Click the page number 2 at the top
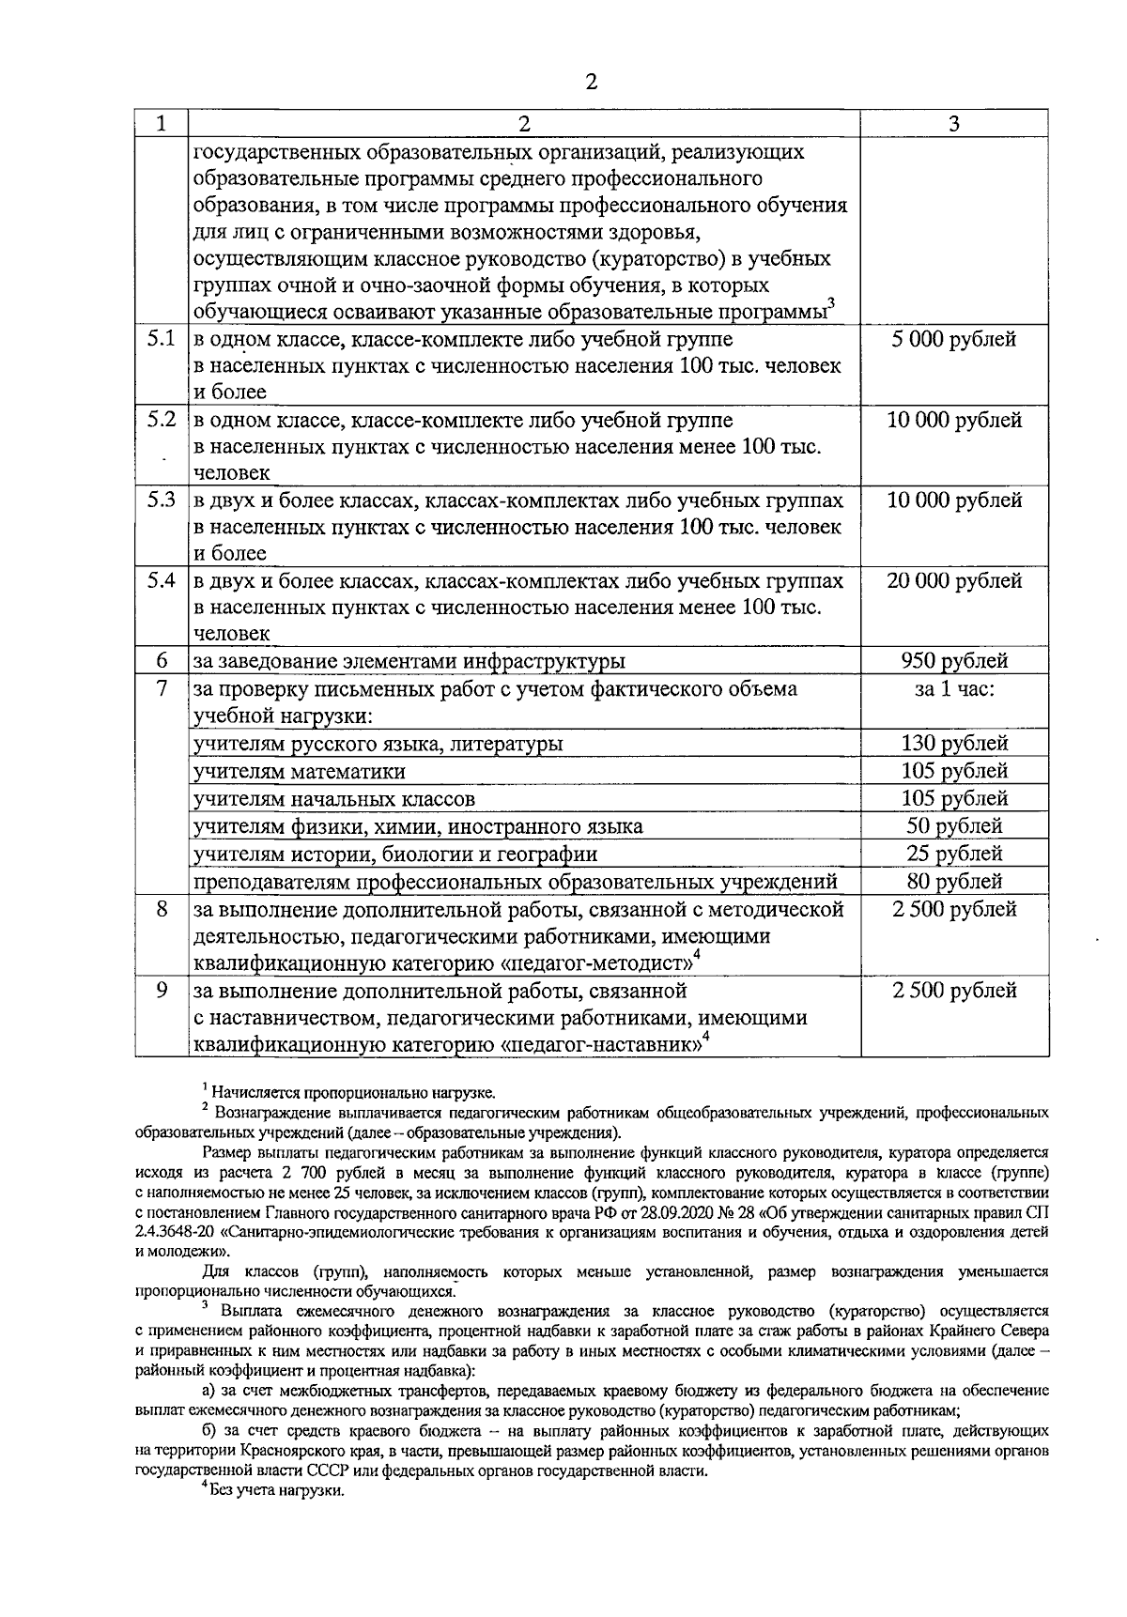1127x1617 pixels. click(x=591, y=83)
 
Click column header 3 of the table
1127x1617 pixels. click(x=953, y=124)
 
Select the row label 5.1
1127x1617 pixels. click(x=161, y=339)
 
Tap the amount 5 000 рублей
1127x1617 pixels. click(x=954, y=339)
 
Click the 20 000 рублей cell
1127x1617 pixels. click(x=954, y=581)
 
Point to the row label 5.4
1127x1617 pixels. click(x=161, y=581)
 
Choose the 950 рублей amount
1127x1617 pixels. click(x=954, y=661)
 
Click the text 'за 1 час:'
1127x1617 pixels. click(x=954, y=689)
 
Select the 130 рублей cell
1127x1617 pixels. click(x=954, y=744)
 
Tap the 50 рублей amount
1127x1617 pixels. click(x=954, y=826)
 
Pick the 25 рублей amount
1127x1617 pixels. click(x=954, y=854)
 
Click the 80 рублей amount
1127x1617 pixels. click(x=954, y=881)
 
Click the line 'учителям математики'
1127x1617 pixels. click(x=300, y=772)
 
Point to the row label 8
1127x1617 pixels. click(x=161, y=909)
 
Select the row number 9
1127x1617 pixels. click(x=161, y=991)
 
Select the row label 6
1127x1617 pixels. click(x=161, y=661)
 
